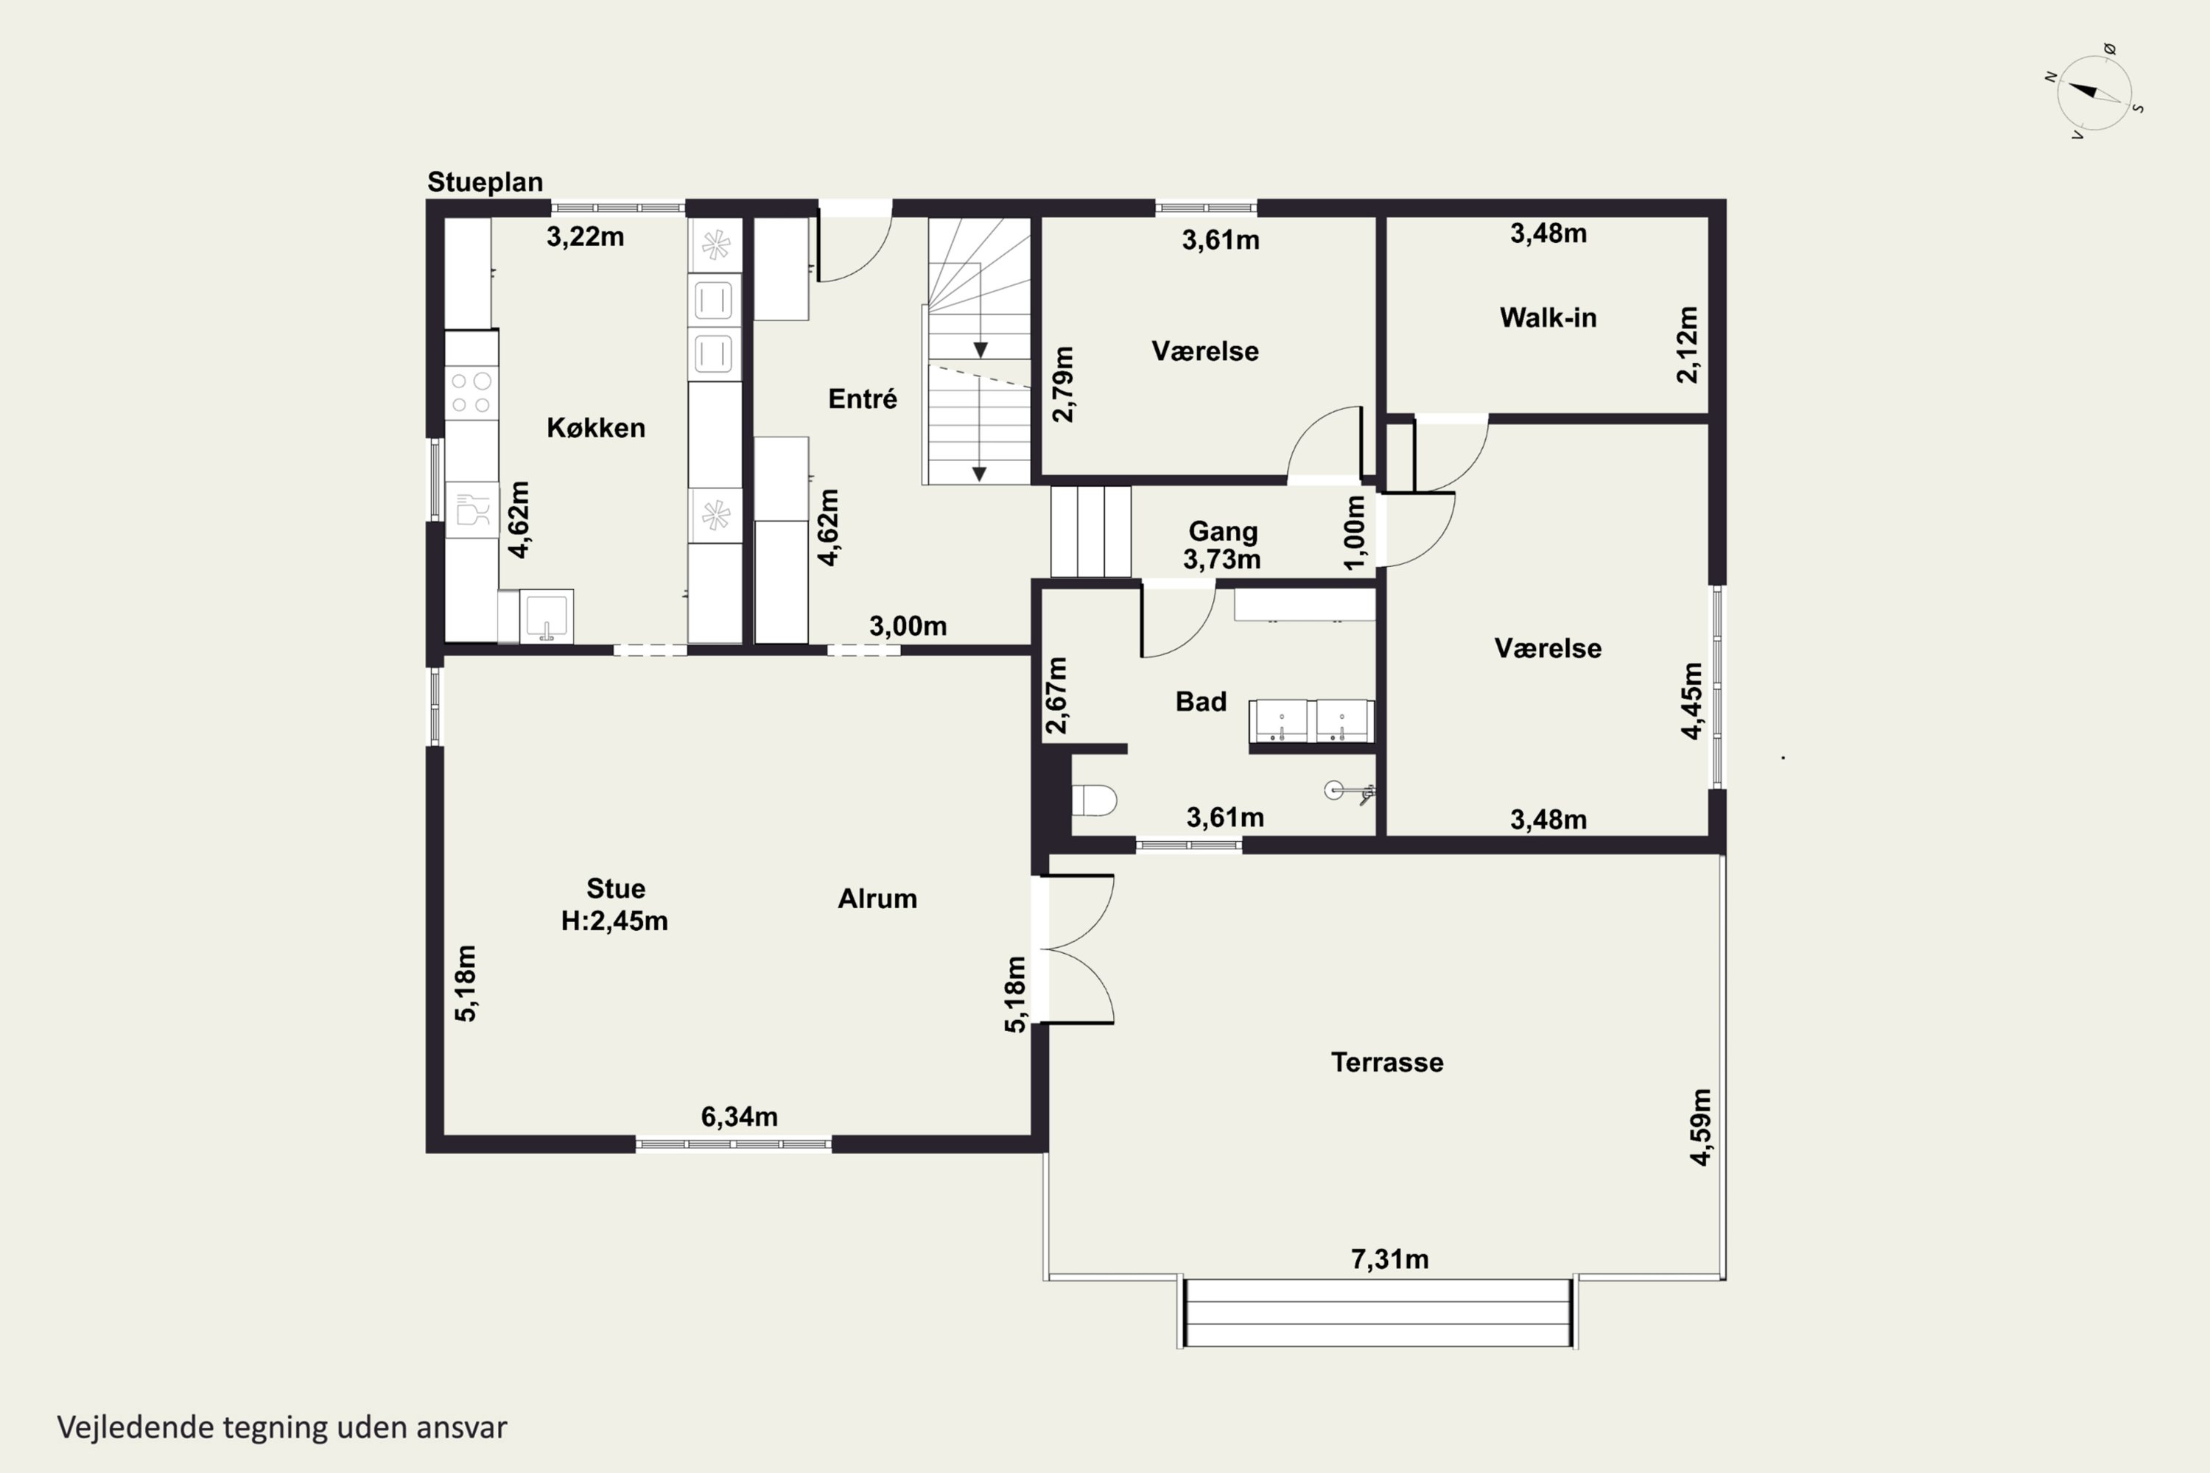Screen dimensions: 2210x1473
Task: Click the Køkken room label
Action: coord(596,429)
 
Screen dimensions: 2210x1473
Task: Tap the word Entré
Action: coord(863,399)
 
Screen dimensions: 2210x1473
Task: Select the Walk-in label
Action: coord(1548,317)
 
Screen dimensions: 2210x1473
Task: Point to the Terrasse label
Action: coord(1387,1063)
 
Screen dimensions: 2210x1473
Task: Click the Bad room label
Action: coord(1201,702)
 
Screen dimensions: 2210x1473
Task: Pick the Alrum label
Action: coord(877,899)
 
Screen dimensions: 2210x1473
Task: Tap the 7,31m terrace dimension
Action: coord(1389,1259)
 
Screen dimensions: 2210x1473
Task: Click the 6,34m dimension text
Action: coord(740,1117)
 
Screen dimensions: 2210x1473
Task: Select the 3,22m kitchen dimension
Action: coord(586,236)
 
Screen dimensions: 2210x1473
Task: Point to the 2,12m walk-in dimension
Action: coord(1688,345)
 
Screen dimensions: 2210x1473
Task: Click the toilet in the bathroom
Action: coord(1094,801)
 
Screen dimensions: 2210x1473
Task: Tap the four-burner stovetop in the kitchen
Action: coord(471,393)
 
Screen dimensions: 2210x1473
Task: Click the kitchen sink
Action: coord(546,616)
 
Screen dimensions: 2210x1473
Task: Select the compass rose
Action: coord(2094,93)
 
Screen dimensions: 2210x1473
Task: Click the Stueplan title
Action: coord(485,182)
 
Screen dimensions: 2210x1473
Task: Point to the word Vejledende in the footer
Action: coord(136,1427)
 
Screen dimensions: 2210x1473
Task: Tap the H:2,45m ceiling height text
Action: coord(614,921)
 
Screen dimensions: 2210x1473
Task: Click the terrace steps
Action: coord(1378,1313)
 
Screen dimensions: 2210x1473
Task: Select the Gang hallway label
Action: coord(1222,532)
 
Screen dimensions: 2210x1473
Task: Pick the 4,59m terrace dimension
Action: coord(1701,1128)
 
